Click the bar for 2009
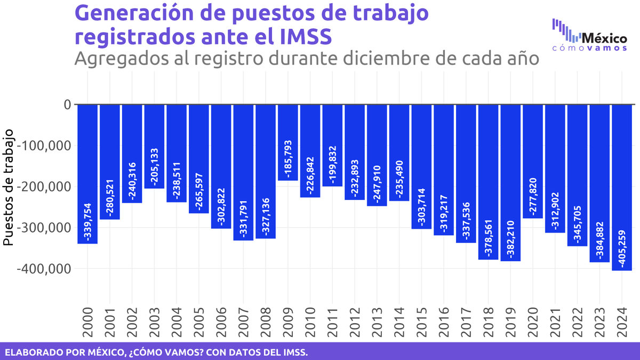pyautogui.click(x=288, y=142)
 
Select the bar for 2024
pyautogui.click(x=622, y=187)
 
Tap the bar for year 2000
pyautogui.click(x=87, y=174)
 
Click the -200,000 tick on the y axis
pyautogui.click(x=44, y=187)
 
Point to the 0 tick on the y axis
pyautogui.click(x=67, y=105)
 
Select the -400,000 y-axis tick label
pyautogui.click(x=44, y=269)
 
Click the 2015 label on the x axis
pyautogui.click(x=422, y=322)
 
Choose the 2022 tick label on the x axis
pyautogui.click(x=578, y=322)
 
